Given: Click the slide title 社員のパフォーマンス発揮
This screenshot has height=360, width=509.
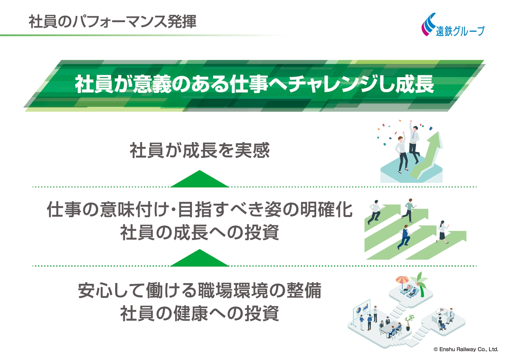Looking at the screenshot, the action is click(x=112, y=22).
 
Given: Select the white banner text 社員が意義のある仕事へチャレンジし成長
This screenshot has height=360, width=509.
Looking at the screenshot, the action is click(x=254, y=84).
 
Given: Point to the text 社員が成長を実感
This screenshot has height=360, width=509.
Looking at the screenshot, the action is click(x=199, y=150).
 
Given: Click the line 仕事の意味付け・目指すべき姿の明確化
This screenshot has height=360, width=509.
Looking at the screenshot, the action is click(x=200, y=210).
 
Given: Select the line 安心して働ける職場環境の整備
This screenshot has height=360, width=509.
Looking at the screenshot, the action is click(x=199, y=291).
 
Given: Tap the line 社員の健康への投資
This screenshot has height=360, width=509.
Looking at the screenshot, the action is click(x=199, y=313).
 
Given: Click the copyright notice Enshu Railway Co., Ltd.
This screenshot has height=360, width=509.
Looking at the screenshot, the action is click(x=466, y=349).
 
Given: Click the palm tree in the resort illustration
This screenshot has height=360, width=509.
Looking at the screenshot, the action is click(x=420, y=284).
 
